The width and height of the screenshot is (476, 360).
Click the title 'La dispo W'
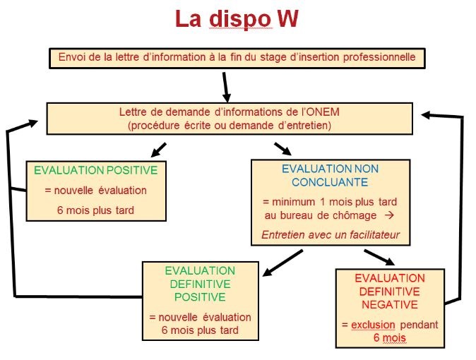[237, 19]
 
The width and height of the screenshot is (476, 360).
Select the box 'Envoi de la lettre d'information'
[237, 57]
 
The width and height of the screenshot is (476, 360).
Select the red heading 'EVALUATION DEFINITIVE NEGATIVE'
[390, 292]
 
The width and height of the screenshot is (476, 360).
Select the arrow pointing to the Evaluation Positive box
[159, 149]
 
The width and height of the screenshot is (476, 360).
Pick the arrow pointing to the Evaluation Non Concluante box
[281, 148]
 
